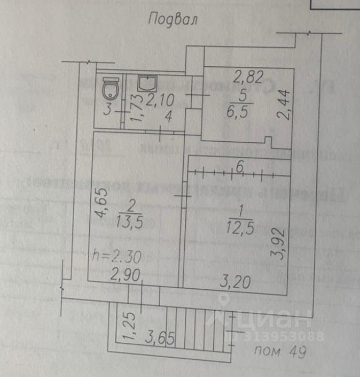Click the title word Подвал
tap(173, 20)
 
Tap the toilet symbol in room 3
tap(111, 86)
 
